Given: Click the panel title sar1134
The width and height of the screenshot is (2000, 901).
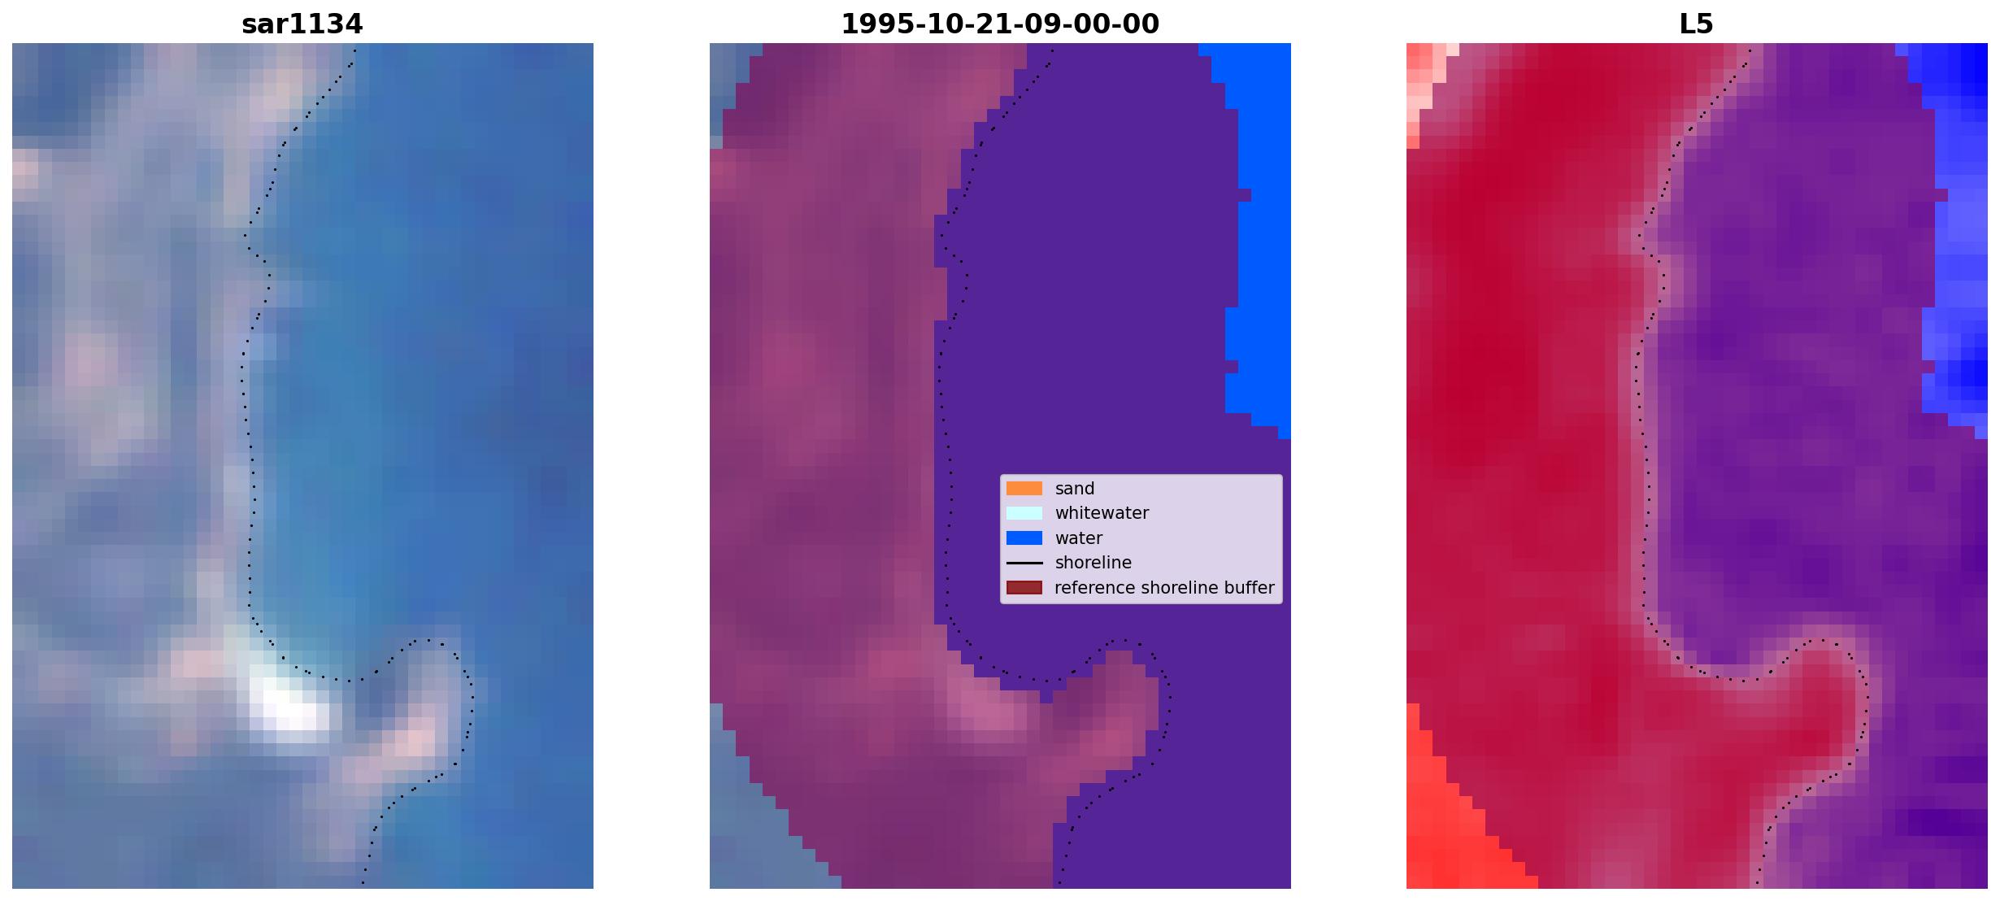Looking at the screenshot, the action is (302, 24).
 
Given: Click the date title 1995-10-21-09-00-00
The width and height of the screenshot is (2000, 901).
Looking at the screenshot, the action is (1000, 24).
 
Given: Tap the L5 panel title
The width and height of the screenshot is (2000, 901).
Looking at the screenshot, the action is (1697, 24).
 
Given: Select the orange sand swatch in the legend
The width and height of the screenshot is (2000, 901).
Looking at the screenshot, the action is (1024, 489).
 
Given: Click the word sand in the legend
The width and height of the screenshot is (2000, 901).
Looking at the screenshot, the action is (1075, 489).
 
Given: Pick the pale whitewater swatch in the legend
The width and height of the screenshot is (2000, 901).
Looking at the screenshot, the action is (1024, 513).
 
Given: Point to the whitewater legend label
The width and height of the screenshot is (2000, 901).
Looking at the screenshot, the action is (1102, 513).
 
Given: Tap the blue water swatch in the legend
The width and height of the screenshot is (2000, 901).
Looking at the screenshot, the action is (1024, 538).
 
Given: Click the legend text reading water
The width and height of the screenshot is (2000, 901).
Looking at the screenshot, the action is (1079, 538).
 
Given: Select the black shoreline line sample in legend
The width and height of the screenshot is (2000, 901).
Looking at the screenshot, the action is (1024, 563).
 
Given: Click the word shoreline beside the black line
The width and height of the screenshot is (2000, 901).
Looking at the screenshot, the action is (1093, 563).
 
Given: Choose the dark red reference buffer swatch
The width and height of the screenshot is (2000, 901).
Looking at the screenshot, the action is (1024, 588).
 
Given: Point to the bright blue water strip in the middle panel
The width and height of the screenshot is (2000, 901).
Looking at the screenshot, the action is (1257, 236).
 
